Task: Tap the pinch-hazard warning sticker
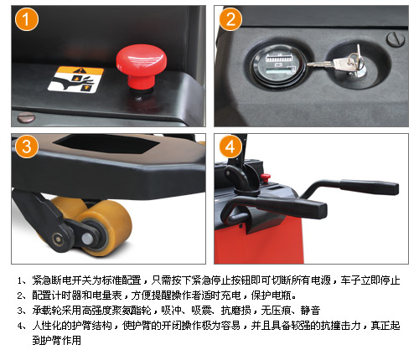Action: pos(75,80)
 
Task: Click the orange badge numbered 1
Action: pos(27,19)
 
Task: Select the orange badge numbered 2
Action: pos(230,19)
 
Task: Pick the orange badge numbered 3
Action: pos(27,147)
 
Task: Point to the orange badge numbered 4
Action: pos(230,147)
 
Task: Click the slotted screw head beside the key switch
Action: pos(396,39)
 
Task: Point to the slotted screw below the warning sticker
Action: pos(26,118)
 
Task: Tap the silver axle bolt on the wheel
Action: pos(87,239)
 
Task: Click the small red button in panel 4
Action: pos(266,177)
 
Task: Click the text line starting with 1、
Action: pos(209,280)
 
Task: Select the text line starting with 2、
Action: pos(157,295)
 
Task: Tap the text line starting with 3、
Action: pos(168,310)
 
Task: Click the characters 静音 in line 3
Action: pos(310,310)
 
